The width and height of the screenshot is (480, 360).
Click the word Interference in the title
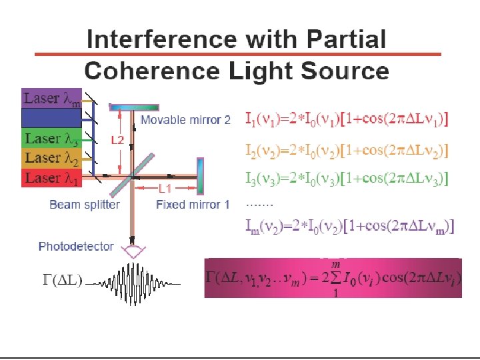[161, 39]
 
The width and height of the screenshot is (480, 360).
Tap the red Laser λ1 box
[51, 178]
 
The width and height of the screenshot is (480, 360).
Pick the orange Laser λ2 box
[51, 158]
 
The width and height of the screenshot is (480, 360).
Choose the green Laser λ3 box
[51, 139]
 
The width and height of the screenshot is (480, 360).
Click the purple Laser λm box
[51, 99]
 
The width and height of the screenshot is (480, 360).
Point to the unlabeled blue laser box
[51, 119]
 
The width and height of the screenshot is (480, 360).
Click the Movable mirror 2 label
[185, 120]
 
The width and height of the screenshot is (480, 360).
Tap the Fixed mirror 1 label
[193, 205]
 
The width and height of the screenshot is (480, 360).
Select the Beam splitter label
[84, 205]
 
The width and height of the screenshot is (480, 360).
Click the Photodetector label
[76, 247]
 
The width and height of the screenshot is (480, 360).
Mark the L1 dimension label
[165, 189]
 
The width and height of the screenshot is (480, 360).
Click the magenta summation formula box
[333, 278]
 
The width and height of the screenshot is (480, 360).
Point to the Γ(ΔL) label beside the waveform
[63, 281]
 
